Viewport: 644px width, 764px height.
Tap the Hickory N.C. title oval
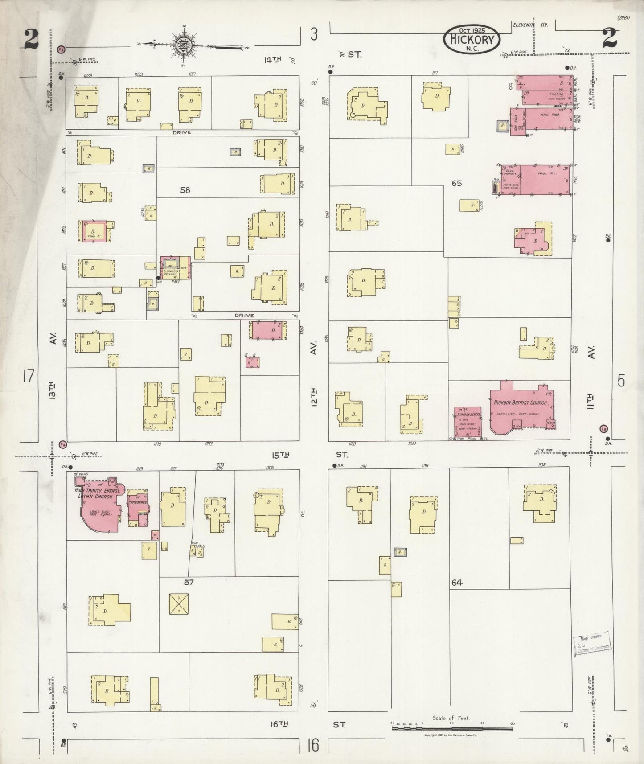coord(472,40)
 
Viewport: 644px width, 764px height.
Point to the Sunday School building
coord(468,421)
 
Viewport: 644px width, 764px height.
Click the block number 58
coord(185,190)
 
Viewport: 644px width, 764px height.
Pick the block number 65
coord(456,183)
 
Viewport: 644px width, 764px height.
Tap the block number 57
coord(189,582)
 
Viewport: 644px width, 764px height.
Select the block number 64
coord(456,583)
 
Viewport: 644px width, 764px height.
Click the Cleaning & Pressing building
coord(176,267)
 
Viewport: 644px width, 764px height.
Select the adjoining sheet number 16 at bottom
coord(313,745)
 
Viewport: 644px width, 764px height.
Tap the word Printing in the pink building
coord(556,94)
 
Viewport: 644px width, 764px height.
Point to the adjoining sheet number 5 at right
coord(621,381)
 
